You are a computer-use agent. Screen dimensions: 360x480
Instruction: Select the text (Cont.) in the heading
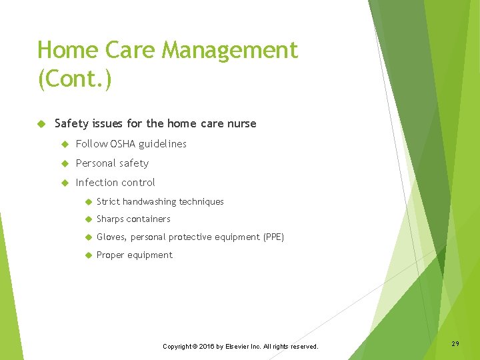point(75,80)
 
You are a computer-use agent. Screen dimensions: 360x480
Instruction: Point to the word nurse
point(241,123)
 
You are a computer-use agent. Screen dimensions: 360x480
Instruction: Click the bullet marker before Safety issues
point(41,123)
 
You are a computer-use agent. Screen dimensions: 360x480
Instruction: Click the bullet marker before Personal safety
point(65,163)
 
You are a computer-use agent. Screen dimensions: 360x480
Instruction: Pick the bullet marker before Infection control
point(65,183)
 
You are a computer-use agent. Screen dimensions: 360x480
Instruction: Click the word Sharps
point(111,219)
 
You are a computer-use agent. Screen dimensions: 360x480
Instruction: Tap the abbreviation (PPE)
point(273,237)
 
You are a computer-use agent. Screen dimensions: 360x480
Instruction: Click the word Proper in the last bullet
point(111,255)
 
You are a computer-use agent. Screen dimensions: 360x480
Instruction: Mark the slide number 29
point(455,343)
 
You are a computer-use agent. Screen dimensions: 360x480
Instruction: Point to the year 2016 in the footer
point(205,347)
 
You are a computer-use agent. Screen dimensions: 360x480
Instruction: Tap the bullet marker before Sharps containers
point(87,219)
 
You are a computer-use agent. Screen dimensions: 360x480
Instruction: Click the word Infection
point(95,183)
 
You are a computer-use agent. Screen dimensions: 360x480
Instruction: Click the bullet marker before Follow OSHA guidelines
point(65,144)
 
